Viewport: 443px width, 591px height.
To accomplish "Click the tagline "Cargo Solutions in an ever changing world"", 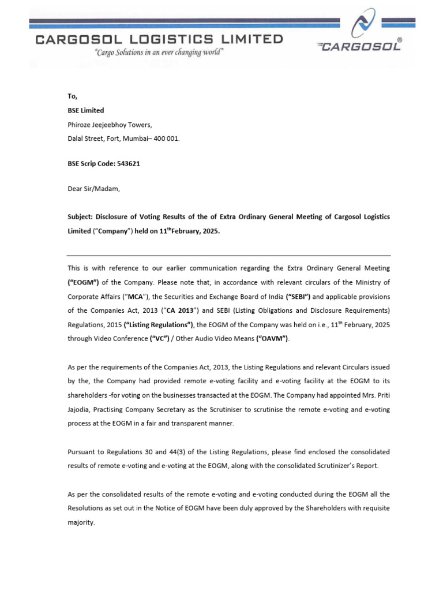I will coord(159,52).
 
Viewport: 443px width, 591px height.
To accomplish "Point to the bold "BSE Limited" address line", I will coord(86,110).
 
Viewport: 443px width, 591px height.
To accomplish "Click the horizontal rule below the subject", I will coord(228,256).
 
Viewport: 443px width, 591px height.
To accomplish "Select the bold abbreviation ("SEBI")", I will coord(299,296).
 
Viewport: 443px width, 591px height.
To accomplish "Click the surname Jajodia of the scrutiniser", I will coord(81,409).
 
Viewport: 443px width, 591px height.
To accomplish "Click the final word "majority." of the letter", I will coord(81,522).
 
